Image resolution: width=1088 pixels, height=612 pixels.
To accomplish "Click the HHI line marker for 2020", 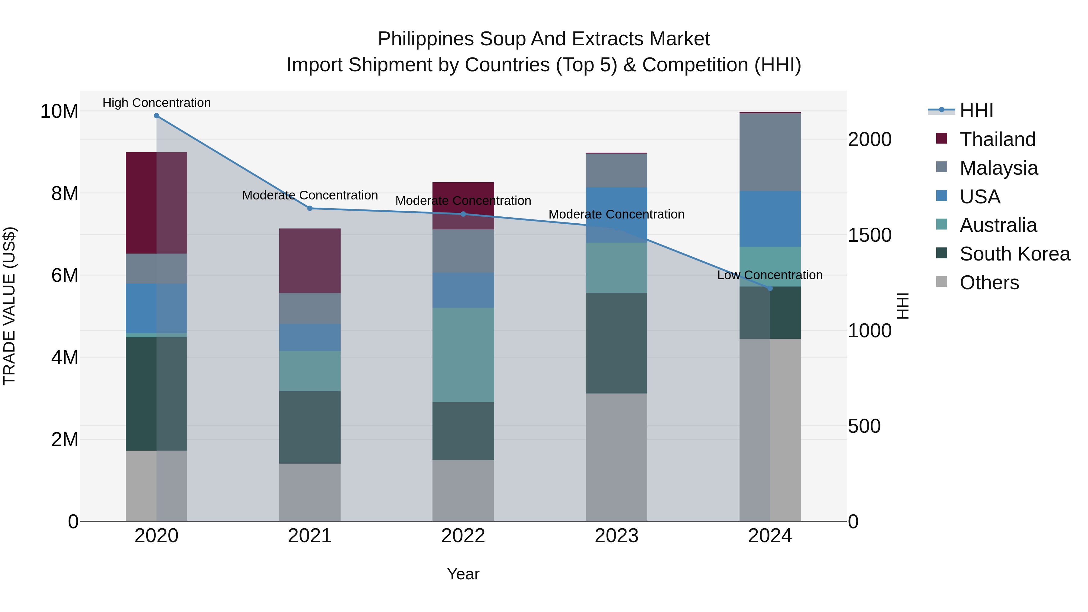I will click(156, 116).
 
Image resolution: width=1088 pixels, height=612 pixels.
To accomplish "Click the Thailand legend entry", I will click(997, 139).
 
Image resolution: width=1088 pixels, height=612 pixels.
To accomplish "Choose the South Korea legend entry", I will click(1015, 254).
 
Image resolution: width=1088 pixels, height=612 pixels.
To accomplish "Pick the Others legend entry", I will click(989, 283).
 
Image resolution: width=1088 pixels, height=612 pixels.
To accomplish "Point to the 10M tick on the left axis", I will click(59, 112).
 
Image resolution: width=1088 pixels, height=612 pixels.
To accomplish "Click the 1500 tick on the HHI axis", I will click(869, 235).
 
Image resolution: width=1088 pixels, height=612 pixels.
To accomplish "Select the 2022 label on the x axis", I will click(463, 536).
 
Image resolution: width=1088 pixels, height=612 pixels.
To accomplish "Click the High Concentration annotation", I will click(156, 103).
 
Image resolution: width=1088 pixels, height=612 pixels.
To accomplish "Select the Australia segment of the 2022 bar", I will click(463, 355).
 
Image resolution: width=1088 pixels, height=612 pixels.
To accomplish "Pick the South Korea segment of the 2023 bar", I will click(616, 343).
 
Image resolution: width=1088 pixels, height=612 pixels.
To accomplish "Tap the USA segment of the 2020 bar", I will click(156, 308).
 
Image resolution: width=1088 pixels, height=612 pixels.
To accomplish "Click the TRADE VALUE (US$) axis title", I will click(9, 306).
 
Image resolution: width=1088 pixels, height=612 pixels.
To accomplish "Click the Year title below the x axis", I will click(463, 574).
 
